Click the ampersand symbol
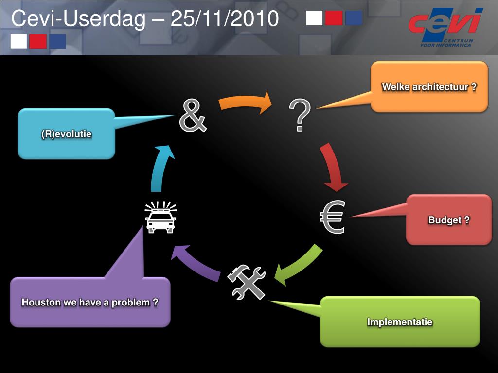[193, 116]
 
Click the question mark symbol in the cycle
[300, 115]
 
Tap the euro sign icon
[333, 217]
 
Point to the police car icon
[160, 218]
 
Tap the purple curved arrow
[196, 262]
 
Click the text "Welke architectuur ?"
[429, 87]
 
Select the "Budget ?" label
[449, 220]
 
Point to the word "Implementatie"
[400, 322]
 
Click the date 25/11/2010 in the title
[225, 19]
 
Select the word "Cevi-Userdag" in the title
[78, 19]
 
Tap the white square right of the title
[315, 18]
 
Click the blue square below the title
[57, 41]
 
